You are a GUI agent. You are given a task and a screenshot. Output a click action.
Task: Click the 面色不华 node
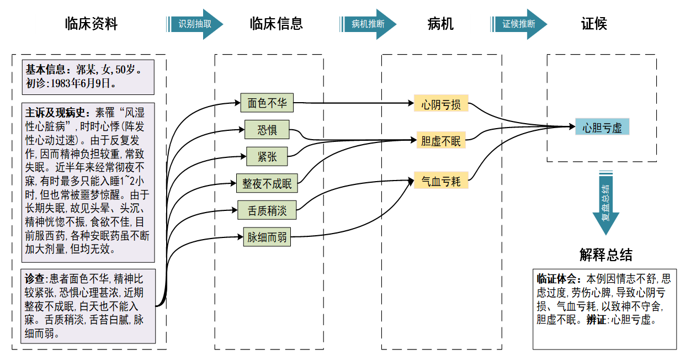267,103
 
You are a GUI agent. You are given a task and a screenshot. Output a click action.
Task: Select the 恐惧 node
267,130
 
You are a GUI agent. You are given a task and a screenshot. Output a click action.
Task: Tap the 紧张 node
267,157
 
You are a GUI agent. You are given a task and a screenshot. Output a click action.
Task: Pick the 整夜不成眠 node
267,183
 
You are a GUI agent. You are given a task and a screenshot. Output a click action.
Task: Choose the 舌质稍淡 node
267,210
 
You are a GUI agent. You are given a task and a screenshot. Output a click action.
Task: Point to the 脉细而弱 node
267,238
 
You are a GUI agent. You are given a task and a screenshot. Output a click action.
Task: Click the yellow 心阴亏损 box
441,104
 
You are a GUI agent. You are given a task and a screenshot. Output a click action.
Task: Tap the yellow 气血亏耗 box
441,181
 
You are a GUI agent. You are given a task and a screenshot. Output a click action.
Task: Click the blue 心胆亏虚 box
602,128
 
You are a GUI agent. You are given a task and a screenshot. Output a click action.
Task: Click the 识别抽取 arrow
195,24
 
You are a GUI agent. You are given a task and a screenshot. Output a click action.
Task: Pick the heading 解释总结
605,255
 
